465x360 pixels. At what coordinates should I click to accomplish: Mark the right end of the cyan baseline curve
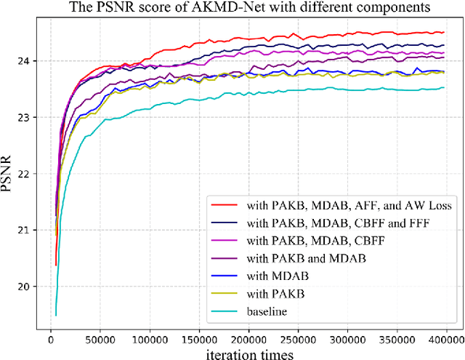point(444,88)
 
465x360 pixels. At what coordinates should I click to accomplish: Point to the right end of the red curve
point(444,32)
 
